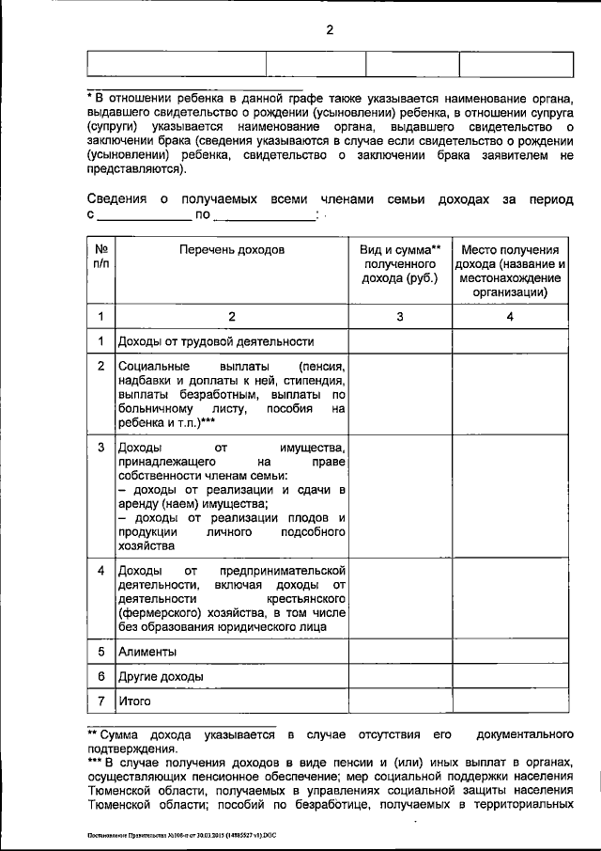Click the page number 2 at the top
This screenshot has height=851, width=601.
tap(330, 29)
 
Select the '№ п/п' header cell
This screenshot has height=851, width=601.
tap(100, 258)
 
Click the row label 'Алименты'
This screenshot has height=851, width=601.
tap(146, 651)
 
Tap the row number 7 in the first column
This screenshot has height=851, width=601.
tap(100, 701)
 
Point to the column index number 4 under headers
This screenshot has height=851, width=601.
tap(510, 317)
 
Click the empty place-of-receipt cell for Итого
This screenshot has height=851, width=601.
tap(510, 701)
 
